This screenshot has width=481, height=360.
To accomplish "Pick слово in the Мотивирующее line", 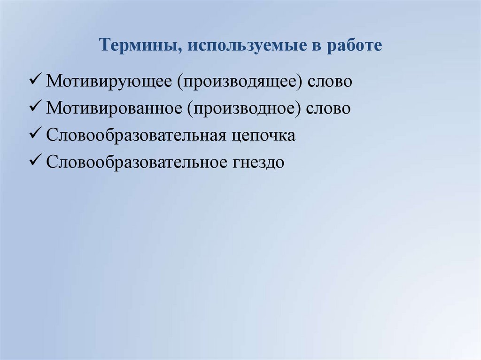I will coord(330,81).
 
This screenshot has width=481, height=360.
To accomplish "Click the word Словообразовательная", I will coord(137,136).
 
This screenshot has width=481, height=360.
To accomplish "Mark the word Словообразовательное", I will coord(137,163).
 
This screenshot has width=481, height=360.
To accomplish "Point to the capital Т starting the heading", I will coord(104,46).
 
